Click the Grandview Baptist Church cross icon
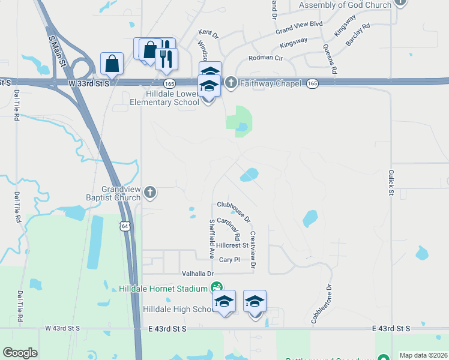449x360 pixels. pyautogui.click(x=150, y=193)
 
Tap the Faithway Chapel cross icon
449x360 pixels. pyautogui.click(x=231, y=83)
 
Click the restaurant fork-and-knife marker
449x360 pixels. pyautogui.click(x=166, y=59)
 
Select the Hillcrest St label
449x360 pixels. pyautogui.click(x=233, y=245)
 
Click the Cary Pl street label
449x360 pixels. pyautogui.click(x=229, y=260)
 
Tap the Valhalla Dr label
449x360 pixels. pyautogui.click(x=197, y=273)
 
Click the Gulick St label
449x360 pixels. pyautogui.click(x=391, y=182)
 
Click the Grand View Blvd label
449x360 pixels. pyautogui.click(x=299, y=27)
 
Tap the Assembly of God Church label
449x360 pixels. pyautogui.click(x=345, y=5)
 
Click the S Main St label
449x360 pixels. pyautogui.click(x=59, y=46)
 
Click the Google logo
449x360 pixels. pyautogui.click(x=20, y=353)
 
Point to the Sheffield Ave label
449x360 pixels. pyautogui.click(x=211, y=238)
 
